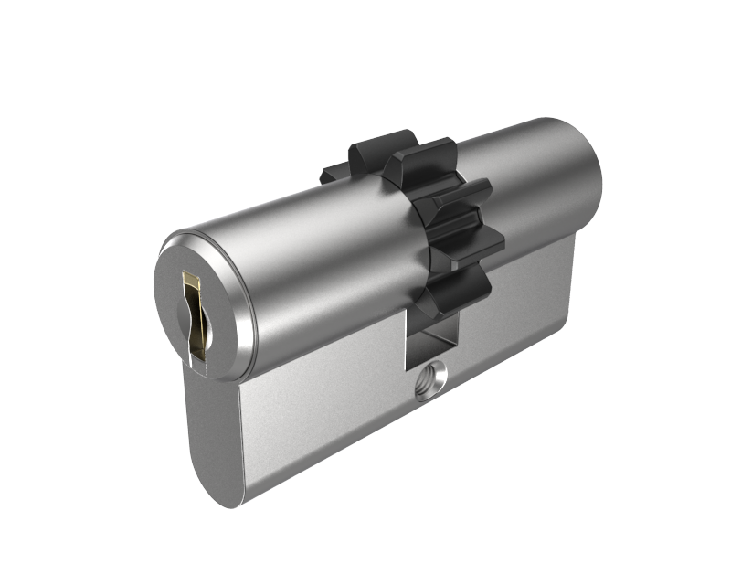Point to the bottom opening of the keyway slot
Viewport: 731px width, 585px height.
point(193,352)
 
